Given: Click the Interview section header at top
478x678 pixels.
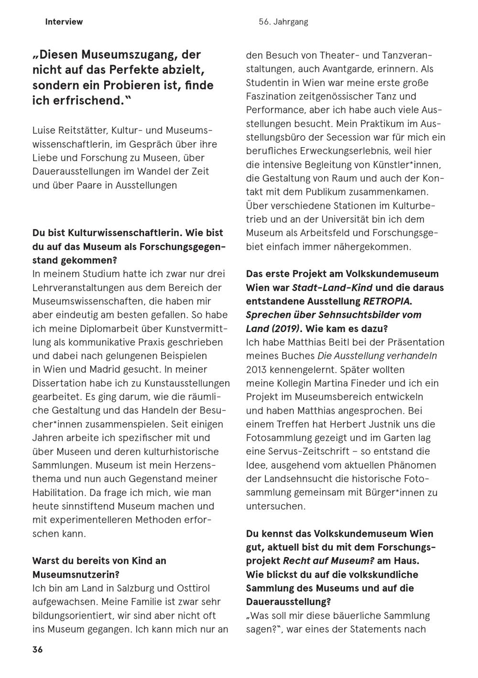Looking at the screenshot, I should click(x=64, y=22).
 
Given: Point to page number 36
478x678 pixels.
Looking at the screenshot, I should click(x=37, y=649).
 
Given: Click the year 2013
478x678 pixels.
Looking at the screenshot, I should click(x=256, y=369).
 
